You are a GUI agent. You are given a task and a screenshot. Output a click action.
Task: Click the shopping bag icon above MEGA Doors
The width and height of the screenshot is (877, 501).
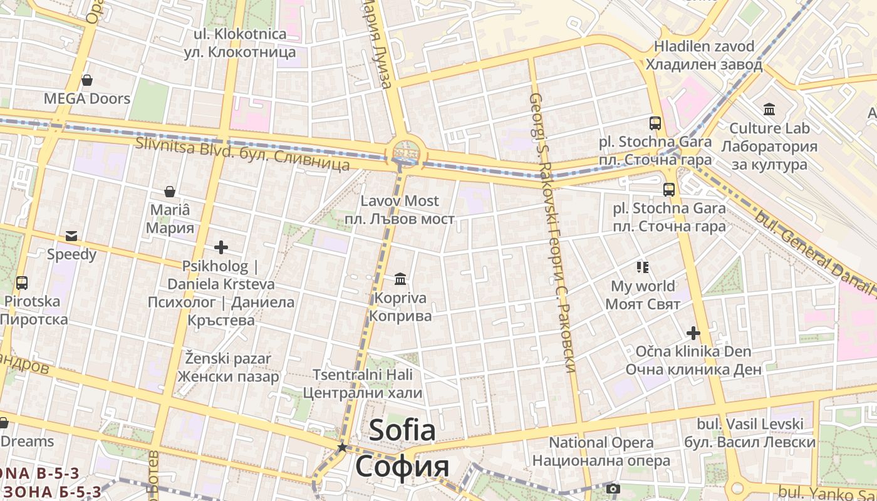click(x=87, y=81)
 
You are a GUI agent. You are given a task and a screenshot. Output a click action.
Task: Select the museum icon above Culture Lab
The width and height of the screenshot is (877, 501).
click(x=769, y=110)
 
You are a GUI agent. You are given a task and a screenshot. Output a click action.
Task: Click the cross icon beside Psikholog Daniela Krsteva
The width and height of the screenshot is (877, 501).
click(x=221, y=247)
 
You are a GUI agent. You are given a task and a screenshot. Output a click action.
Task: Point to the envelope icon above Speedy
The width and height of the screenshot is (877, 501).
click(x=71, y=236)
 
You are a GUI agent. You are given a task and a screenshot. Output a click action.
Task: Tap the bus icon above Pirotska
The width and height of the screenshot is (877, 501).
click(x=22, y=283)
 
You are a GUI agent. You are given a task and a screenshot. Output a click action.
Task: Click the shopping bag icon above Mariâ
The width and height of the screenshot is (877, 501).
click(x=169, y=192)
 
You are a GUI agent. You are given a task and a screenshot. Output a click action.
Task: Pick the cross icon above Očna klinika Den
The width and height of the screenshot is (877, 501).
click(x=693, y=333)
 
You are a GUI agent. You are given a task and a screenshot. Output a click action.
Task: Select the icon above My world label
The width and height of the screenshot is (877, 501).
click(x=642, y=267)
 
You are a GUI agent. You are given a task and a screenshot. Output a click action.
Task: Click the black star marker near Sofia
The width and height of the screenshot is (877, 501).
click(x=342, y=447)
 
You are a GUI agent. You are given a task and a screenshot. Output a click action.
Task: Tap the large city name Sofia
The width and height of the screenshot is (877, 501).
click(x=402, y=430)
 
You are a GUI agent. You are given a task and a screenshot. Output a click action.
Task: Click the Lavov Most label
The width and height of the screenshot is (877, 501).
click(x=400, y=201)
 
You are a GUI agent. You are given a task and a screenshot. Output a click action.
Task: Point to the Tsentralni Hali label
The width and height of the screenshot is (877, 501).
click(x=363, y=374)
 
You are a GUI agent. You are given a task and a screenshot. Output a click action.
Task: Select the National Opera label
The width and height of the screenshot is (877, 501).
click(x=601, y=442)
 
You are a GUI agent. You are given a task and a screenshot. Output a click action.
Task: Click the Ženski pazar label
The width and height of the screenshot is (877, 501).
click(x=228, y=359)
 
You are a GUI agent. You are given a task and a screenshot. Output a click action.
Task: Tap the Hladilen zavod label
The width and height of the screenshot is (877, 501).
click(x=704, y=46)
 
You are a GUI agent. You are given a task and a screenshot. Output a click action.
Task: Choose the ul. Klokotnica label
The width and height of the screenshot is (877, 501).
click(x=240, y=34)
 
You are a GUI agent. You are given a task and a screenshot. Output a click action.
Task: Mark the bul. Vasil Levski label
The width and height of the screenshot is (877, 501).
click(x=750, y=424)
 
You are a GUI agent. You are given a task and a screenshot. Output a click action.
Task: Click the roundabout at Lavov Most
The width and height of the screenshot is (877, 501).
click(x=405, y=152)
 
